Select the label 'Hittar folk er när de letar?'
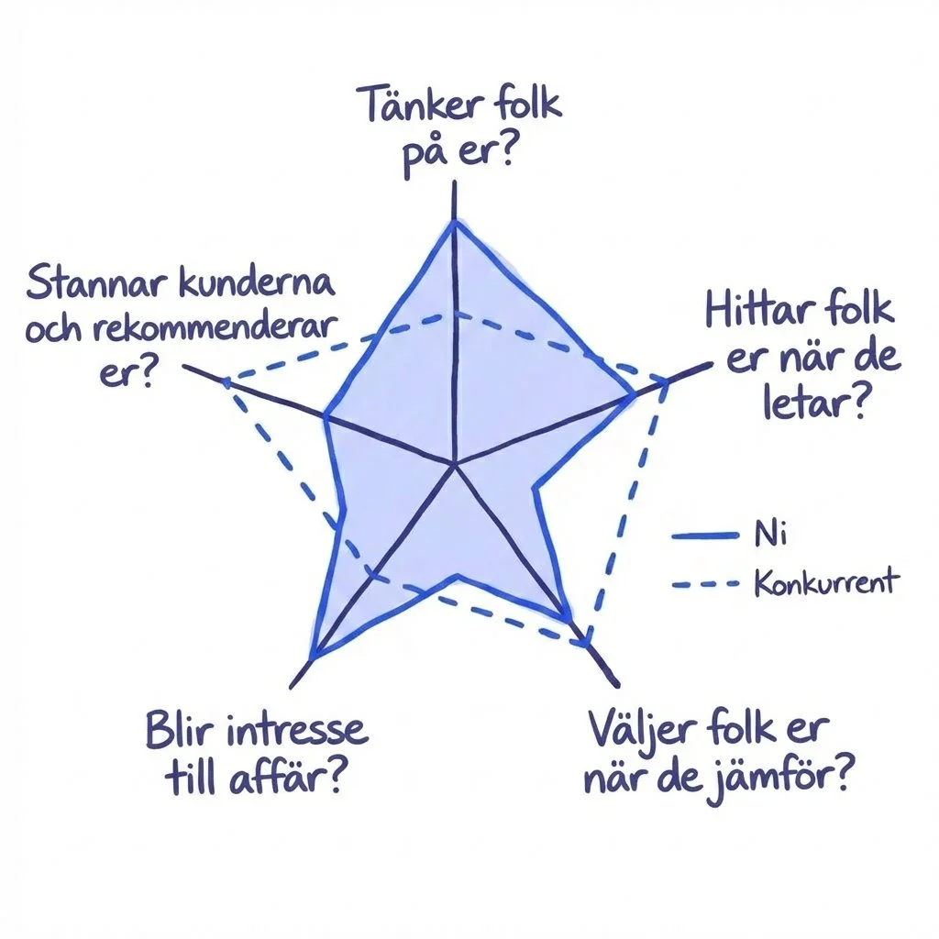coord(800,355)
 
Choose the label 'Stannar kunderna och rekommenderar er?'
coord(179,326)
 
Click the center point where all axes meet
coord(455,465)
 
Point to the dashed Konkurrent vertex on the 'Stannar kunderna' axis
coord(225,381)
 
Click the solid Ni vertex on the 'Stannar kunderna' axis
coord(326,418)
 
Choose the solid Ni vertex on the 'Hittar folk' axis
coord(633,395)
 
